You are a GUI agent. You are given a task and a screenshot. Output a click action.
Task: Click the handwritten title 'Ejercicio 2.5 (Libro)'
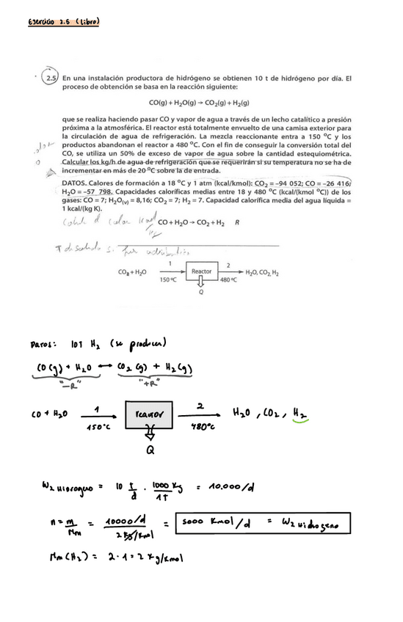click(62, 22)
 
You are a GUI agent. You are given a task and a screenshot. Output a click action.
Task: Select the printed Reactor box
click(202, 271)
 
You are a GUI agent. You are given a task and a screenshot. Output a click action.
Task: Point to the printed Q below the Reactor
click(201, 290)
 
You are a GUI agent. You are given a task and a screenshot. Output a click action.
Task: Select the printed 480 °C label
click(229, 279)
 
